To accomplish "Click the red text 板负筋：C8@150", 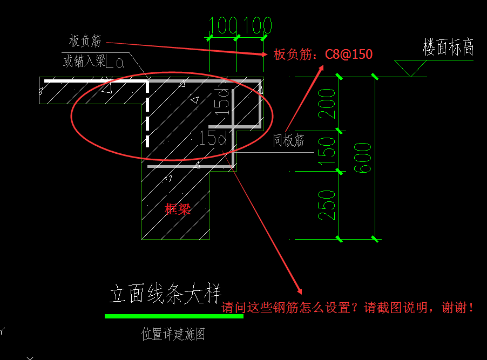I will (323, 55).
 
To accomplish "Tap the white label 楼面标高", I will (448, 47).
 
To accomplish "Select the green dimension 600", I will (365, 158).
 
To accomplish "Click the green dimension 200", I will (327, 104).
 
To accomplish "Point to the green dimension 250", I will (327, 205).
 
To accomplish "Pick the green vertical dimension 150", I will (327, 151).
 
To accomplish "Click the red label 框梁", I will (178, 209).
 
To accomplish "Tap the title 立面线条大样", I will (166, 295).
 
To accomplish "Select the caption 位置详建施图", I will (173, 335).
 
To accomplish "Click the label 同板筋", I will (288, 141).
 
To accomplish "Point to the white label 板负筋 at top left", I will (85, 40).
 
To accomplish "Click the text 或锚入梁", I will (85, 62).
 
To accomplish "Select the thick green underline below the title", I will (173, 316).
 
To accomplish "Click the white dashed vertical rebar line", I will (147, 113).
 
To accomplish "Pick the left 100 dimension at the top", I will (223, 25).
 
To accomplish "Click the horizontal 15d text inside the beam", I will (212, 138).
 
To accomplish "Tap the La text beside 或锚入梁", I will (116, 63).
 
